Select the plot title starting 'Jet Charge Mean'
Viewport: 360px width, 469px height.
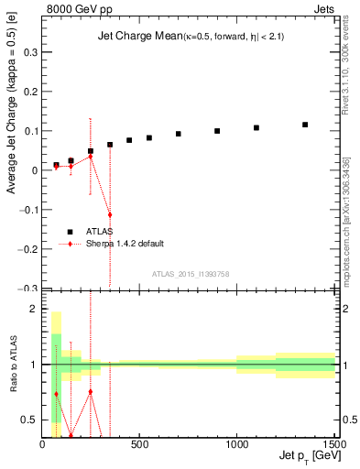pyautogui.click(x=190, y=37)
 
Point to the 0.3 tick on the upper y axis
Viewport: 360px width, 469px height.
pyautogui.click(x=30, y=53)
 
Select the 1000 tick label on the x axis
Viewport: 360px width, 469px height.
pyautogui.click(x=236, y=444)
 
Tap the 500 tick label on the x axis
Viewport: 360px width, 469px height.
pyautogui.click(x=139, y=444)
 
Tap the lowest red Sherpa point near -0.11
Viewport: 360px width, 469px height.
pyautogui.click(x=110, y=214)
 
